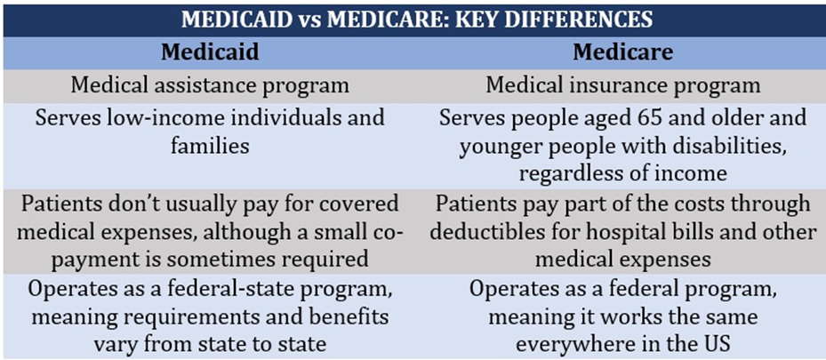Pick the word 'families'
point(209,144)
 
